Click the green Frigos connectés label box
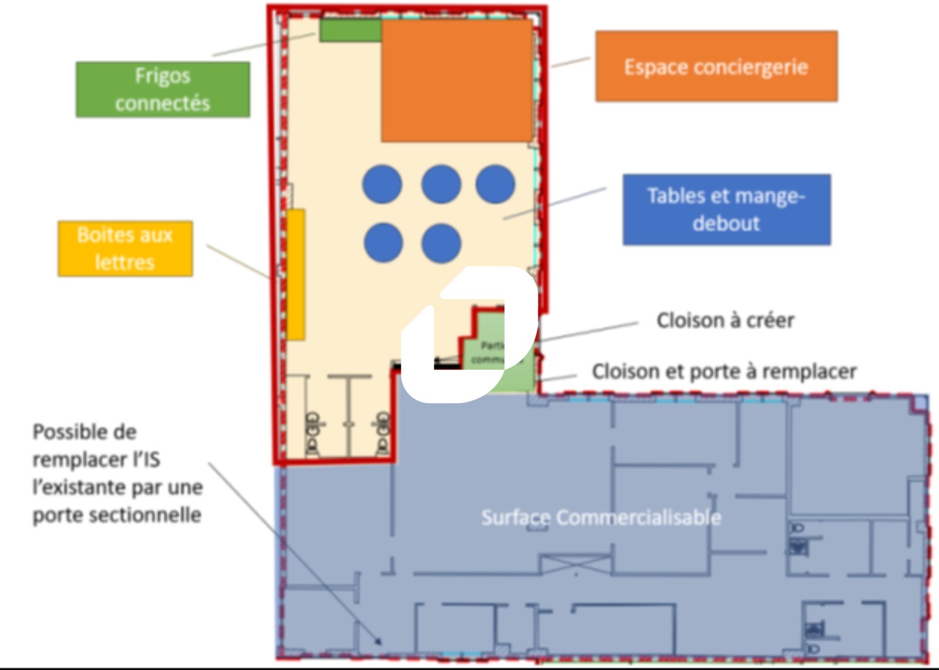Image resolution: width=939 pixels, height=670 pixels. click(163, 89)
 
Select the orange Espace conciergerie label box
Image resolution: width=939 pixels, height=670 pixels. click(716, 66)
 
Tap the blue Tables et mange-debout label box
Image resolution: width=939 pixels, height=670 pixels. click(727, 209)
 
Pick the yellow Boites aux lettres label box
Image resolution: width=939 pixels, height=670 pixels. click(125, 248)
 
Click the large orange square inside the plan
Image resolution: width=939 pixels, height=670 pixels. click(457, 80)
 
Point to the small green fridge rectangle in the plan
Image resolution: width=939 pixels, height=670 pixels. click(350, 30)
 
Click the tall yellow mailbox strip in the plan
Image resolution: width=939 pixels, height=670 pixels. click(296, 274)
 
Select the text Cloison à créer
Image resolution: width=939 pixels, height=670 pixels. click(725, 320)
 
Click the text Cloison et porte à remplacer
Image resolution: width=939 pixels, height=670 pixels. click(724, 371)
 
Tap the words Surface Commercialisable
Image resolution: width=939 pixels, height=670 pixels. click(601, 517)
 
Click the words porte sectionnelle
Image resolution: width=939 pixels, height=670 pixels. click(117, 515)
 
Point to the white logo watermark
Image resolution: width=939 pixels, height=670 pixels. click(469, 335)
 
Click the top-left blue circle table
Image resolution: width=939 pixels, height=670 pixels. click(382, 184)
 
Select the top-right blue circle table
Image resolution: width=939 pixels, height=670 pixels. click(495, 184)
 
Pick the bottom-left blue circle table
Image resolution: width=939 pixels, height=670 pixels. click(383, 243)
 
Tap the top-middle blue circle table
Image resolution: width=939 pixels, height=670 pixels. click(441, 184)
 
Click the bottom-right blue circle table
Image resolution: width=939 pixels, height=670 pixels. click(441, 243)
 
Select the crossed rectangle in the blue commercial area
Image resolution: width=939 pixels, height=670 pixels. click(576, 565)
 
